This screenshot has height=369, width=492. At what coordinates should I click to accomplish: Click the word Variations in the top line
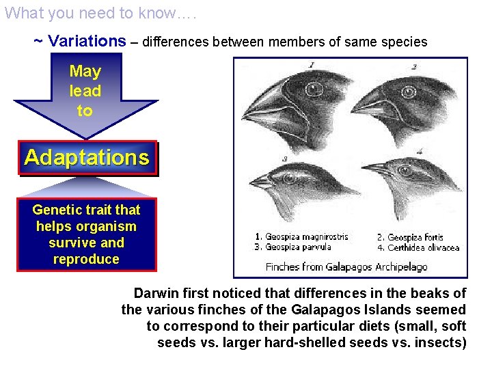tap(87, 41)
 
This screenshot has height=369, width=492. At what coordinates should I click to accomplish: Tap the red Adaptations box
tap(87, 158)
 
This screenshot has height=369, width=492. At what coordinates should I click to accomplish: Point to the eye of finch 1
tap(314, 89)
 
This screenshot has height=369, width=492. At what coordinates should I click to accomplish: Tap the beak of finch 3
tap(264, 182)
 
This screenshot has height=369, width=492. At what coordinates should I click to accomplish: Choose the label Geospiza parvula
tap(298, 247)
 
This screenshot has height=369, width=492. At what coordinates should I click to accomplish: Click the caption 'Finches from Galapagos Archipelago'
tap(346, 266)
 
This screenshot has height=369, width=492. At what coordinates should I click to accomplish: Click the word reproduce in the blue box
tap(86, 259)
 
